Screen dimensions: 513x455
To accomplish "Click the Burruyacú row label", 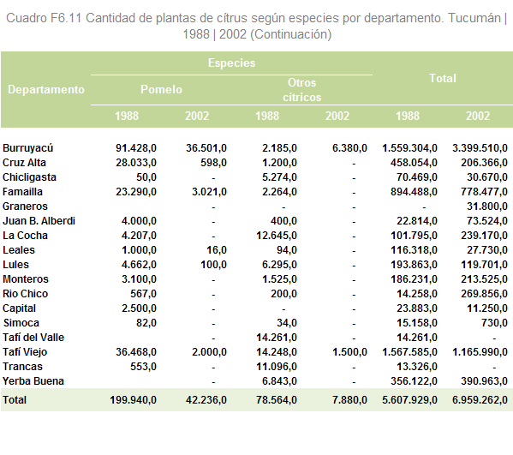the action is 27,148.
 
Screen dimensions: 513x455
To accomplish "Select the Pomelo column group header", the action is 161,89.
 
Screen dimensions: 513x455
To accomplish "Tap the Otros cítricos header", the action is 301,90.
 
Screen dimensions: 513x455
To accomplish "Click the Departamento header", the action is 46,89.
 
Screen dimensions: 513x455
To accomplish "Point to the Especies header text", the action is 231,63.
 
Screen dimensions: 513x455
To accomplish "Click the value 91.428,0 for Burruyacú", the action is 136,148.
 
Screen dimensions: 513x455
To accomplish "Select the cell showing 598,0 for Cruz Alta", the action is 213,163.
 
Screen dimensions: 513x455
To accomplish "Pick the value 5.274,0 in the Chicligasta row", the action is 279,177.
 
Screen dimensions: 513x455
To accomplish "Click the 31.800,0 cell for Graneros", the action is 487,207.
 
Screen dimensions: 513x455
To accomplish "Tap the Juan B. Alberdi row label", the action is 39,221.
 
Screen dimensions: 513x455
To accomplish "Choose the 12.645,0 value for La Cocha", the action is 277,236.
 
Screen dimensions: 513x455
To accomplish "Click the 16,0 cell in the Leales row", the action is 217,250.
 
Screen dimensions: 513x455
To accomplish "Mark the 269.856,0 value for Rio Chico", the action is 484,294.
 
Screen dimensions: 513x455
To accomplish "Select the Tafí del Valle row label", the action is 33,338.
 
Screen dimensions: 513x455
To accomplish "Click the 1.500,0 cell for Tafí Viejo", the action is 349,352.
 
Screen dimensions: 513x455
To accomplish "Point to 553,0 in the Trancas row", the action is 143,367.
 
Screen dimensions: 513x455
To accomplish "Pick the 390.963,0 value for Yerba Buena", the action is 484,381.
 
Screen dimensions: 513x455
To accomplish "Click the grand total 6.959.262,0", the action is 480,400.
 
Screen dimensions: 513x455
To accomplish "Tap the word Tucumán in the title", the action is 474,18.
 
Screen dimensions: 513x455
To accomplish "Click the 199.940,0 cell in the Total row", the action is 133,400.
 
